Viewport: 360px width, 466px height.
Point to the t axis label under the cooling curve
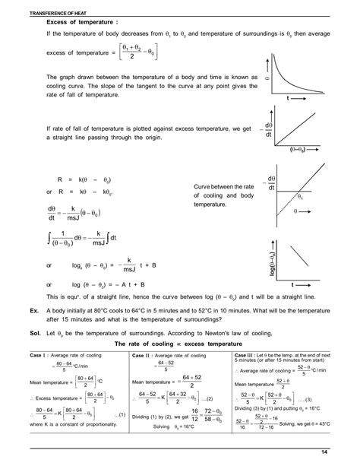[x=288, y=100]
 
